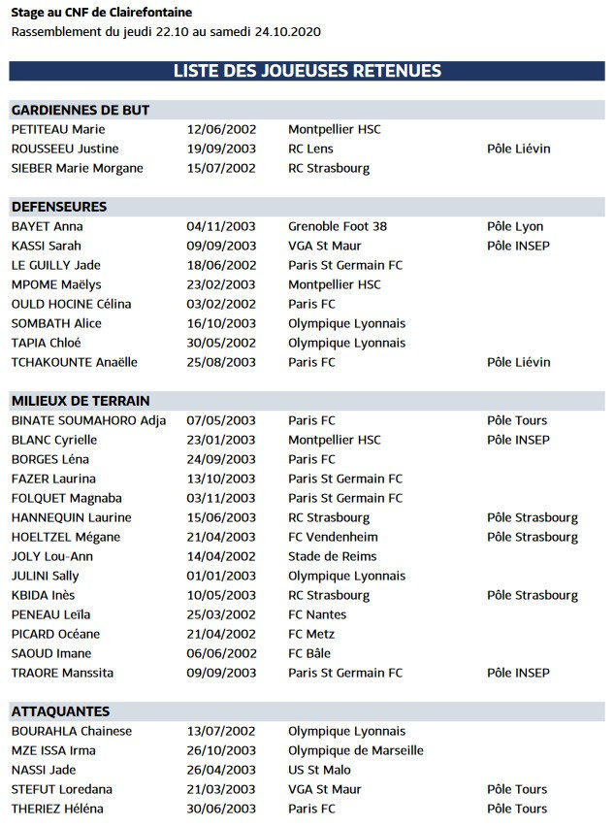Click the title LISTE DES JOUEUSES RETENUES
(x=307, y=71)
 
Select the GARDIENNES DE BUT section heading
(x=81, y=110)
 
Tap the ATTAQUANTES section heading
(x=60, y=711)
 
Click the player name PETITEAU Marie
(x=58, y=129)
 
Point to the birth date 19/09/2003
(x=221, y=149)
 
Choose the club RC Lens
(x=310, y=149)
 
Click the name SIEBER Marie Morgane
(x=78, y=168)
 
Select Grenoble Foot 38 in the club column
(x=338, y=226)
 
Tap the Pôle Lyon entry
(x=515, y=226)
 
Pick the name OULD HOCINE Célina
(x=71, y=304)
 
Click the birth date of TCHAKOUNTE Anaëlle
(x=221, y=362)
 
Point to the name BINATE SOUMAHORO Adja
(x=88, y=420)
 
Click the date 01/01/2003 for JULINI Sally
(x=221, y=576)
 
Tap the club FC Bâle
(x=309, y=653)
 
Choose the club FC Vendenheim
(x=333, y=537)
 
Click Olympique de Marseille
(x=356, y=750)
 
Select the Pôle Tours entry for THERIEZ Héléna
(x=517, y=809)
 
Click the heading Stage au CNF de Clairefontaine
(x=102, y=13)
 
